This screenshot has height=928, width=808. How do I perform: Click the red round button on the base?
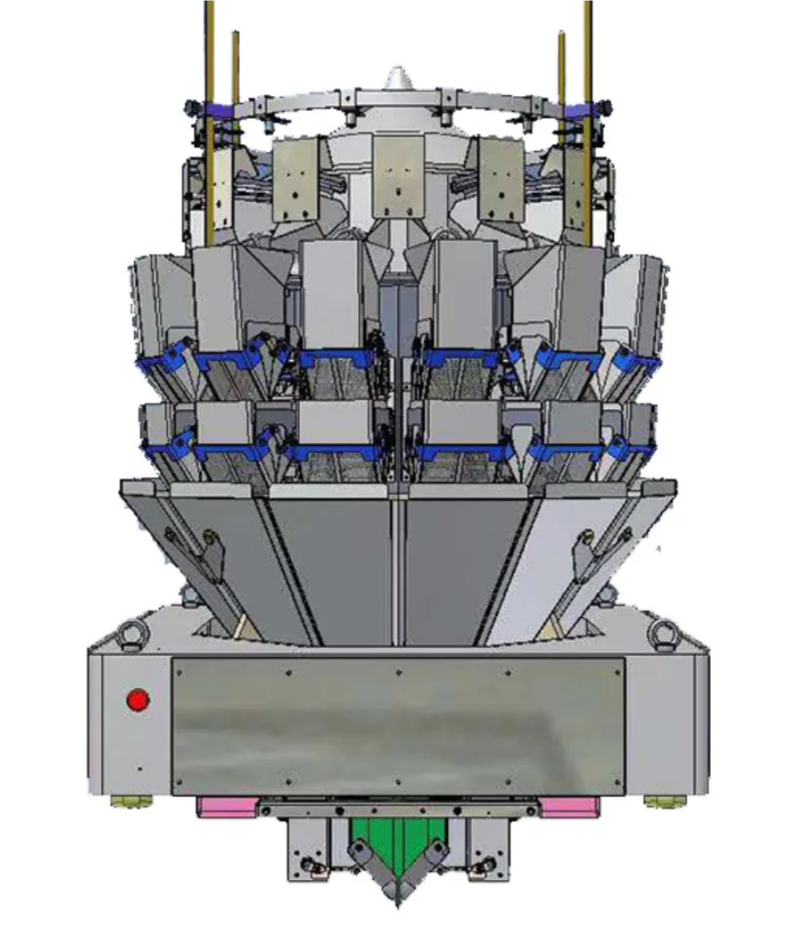(x=138, y=700)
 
